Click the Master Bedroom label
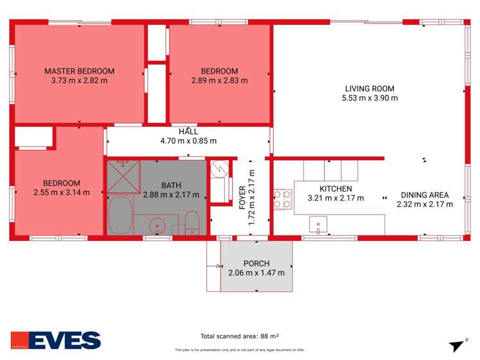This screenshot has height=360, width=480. [x=79, y=70]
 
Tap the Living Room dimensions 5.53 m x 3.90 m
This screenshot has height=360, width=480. [x=370, y=98]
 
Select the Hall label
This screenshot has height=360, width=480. [x=188, y=131]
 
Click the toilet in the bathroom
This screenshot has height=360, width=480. [x=192, y=224]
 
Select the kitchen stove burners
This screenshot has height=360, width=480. [x=283, y=199]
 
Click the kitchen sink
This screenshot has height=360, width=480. [x=319, y=225]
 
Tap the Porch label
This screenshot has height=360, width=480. [x=256, y=263]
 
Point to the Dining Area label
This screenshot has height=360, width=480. [x=424, y=195]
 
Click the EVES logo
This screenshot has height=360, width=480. [x=56, y=340]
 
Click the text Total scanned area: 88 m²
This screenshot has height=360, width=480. [x=239, y=336]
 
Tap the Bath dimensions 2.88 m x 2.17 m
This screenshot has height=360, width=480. [x=171, y=195]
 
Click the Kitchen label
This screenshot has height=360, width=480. [x=335, y=189]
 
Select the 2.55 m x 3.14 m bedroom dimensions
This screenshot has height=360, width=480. [x=62, y=192]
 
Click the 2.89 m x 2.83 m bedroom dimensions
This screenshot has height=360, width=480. [x=219, y=81]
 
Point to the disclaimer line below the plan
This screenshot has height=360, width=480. [x=240, y=350]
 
